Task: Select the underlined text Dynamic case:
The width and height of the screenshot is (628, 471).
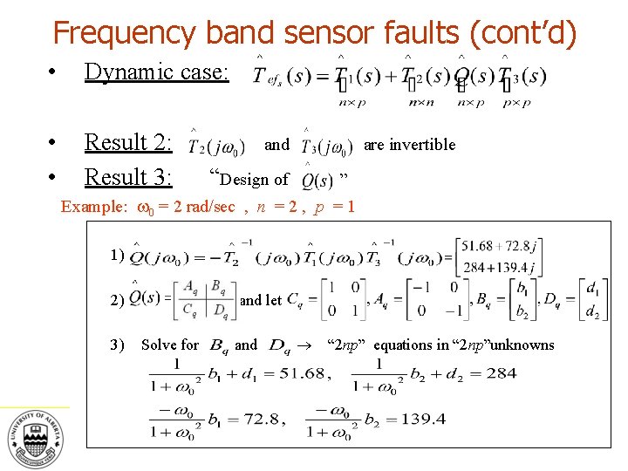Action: tap(156, 72)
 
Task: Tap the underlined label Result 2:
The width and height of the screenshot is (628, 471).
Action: tap(128, 142)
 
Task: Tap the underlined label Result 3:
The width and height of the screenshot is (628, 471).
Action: tap(128, 177)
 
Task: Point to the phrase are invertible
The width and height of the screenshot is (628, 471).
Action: tap(409, 145)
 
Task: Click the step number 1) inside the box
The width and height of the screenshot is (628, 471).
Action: tap(119, 255)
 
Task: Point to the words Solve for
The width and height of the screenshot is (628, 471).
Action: tap(170, 345)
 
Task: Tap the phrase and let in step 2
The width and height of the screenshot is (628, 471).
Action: tap(261, 300)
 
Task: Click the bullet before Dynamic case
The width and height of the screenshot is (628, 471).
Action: tap(53, 72)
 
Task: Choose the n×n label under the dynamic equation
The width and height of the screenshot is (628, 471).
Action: tap(422, 102)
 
